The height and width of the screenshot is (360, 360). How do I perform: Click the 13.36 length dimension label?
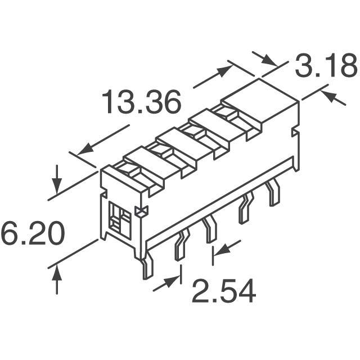point(141,102)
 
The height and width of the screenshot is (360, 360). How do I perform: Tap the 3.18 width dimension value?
point(326,65)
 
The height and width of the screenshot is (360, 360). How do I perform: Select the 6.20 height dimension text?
point(33,233)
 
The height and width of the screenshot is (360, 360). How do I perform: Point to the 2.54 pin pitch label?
point(224,291)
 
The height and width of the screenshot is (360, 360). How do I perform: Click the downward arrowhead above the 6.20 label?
point(57,186)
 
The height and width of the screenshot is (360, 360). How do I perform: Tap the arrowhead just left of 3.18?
point(269,61)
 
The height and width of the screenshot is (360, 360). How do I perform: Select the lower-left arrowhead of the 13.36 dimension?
point(85,149)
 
